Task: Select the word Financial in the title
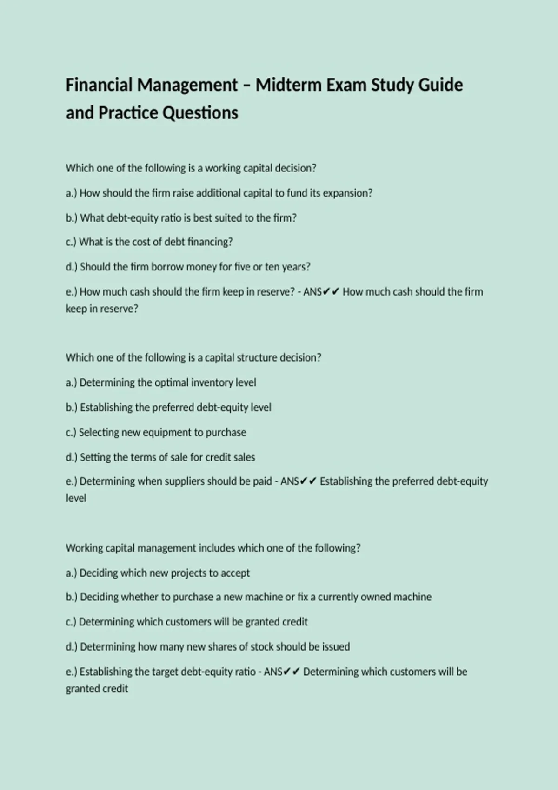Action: tap(98, 85)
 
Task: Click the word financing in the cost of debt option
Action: tap(209, 242)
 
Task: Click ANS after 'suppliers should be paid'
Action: tap(289, 481)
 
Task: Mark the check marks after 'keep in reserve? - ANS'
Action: tap(331, 292)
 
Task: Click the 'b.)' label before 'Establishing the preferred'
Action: tap(72, 408)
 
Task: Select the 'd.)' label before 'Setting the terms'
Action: tap(72, 457)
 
